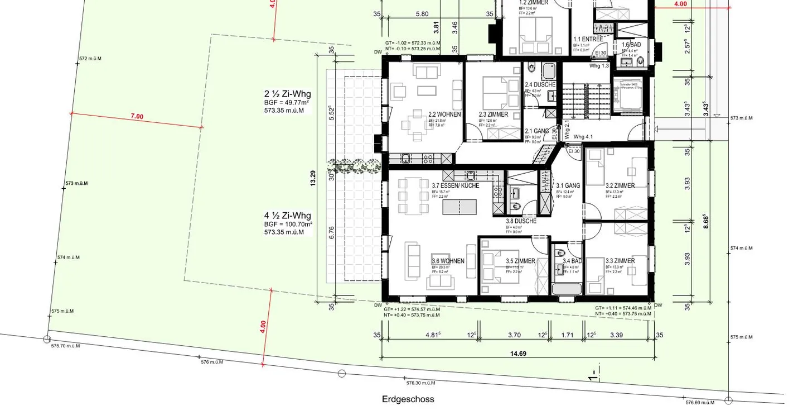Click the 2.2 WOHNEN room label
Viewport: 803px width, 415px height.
click(444, 115)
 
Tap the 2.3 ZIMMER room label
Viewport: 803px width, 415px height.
click(493, 115)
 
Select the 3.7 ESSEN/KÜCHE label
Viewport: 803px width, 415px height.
click(455, 185)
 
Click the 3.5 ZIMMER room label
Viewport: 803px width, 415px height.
click(520, 261)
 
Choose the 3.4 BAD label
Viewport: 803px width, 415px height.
click(572, 261)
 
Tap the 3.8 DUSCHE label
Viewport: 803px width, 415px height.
click(521, 221)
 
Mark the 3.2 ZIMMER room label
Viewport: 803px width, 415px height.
click(620, 185)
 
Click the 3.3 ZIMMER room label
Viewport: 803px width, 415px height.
click(620, 261)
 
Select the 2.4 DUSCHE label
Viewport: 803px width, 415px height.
click(540, 85)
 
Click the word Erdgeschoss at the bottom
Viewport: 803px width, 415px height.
click(408, 399)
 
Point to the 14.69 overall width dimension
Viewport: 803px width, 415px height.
click(518, 354)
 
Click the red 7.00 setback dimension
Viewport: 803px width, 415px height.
click(137, 117)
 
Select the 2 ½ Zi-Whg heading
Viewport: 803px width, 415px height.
click(288, 94)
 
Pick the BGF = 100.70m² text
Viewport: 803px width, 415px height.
click(288, 224)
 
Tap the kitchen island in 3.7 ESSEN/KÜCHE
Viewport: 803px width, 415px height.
click(460, 207)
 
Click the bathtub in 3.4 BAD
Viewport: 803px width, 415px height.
click(567, 289)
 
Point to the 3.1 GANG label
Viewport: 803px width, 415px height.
click(568, 185)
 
